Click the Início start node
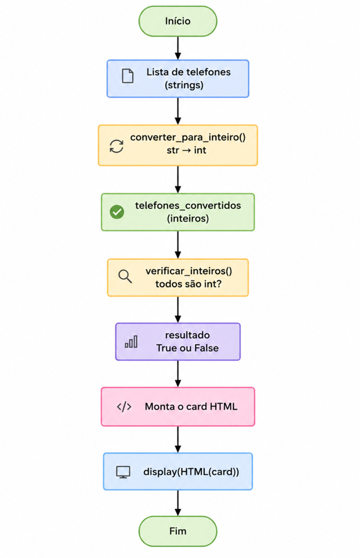point(177,21)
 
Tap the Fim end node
point(177,531)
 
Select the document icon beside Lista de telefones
point(128,76)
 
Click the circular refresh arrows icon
point(116,146)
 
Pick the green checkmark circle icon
point(116,212)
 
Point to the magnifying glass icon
point(125,276)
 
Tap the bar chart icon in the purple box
point(131,341)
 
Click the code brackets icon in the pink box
point(124,406)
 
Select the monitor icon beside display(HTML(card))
point(123,472)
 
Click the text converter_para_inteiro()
point(188,137)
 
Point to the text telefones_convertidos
point(188,205)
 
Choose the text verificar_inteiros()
point(189,271)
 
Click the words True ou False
point(188,348)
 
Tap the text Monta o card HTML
point(191,406)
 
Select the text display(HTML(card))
point(191,472)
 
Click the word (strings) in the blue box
point(184,85)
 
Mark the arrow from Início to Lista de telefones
point(178,48)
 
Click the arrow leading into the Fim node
point(178,503)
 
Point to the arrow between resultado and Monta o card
point(178,373)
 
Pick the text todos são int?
point(188,284)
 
